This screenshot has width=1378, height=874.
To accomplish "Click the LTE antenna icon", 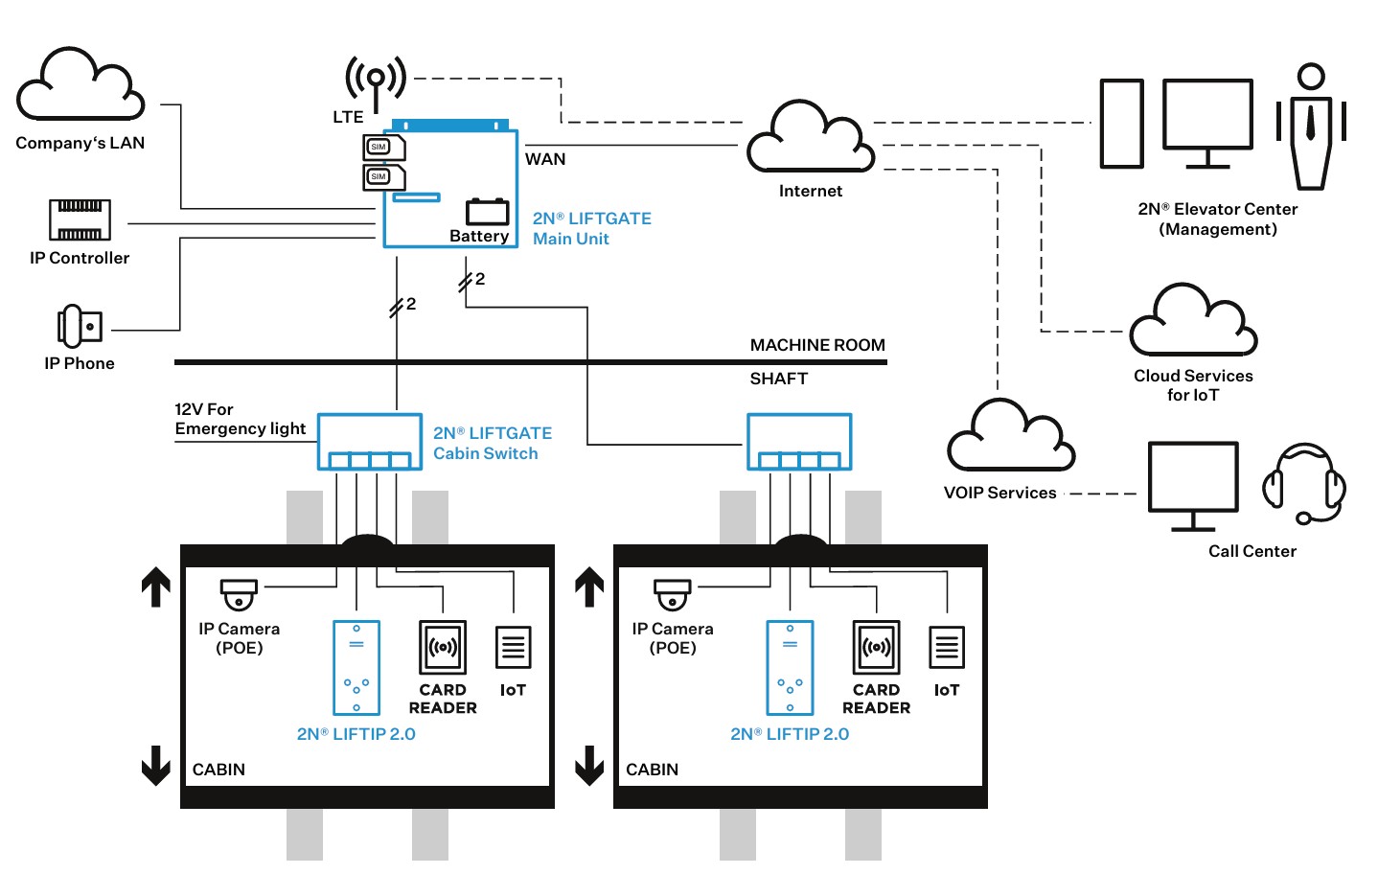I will pos(376,81).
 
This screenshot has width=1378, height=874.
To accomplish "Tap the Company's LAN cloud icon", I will pos(80,86).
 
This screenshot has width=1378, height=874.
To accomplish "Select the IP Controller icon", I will pos(80,219).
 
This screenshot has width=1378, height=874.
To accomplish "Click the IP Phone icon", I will pos(80,326).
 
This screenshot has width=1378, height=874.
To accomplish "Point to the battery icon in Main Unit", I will pos(487,212).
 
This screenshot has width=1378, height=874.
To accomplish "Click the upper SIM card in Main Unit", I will pos(383,147).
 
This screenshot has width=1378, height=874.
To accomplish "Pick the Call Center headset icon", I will pos(1304,484).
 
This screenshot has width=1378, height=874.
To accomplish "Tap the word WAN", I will pos(545,159).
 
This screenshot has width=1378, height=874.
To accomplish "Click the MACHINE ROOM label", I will pos(817,345).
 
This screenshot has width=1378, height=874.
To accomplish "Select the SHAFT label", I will pos(778,379).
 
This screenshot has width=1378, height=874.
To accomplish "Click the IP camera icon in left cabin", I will pos(239,594).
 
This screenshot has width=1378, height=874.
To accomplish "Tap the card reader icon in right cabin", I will pos(876,648).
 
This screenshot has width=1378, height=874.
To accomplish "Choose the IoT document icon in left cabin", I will pos(513,648).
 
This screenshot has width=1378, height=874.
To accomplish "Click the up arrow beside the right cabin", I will pos(589,587).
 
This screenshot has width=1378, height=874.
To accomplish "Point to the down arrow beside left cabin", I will pos(156,766).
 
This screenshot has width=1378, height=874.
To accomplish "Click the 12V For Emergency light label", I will pos(240,419).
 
